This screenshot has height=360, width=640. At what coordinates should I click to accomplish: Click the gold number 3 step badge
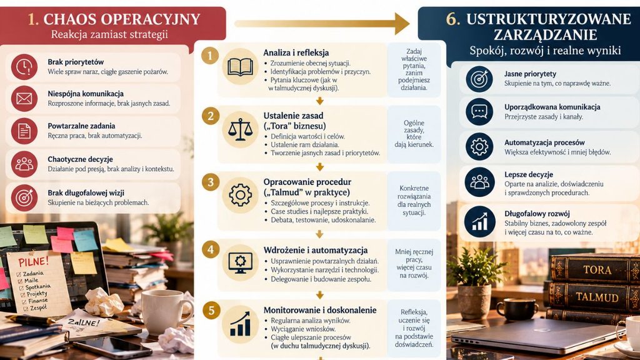coord(211,182)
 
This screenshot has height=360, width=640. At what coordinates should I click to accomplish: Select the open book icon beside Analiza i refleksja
coord(240,66)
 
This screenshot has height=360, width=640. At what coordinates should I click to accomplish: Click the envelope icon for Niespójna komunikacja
coord(24,99)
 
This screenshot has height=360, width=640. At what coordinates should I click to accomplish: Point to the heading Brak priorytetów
coord(76,62)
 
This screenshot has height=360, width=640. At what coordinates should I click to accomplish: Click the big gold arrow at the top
coord(322,23)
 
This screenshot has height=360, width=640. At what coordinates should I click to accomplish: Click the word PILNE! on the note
coord(33,261)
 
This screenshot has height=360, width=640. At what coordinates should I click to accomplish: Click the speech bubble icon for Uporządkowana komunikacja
coord(479,111)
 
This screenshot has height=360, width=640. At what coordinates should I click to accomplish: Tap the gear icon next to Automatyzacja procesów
coord(479,146)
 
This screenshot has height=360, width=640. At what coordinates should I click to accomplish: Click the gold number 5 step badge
coord(211,311)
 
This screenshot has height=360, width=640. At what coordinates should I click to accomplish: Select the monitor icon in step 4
coord(240,262)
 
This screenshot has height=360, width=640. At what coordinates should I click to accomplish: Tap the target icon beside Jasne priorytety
coord(479,79)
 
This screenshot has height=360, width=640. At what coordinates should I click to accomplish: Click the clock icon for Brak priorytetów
coord(24,66)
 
